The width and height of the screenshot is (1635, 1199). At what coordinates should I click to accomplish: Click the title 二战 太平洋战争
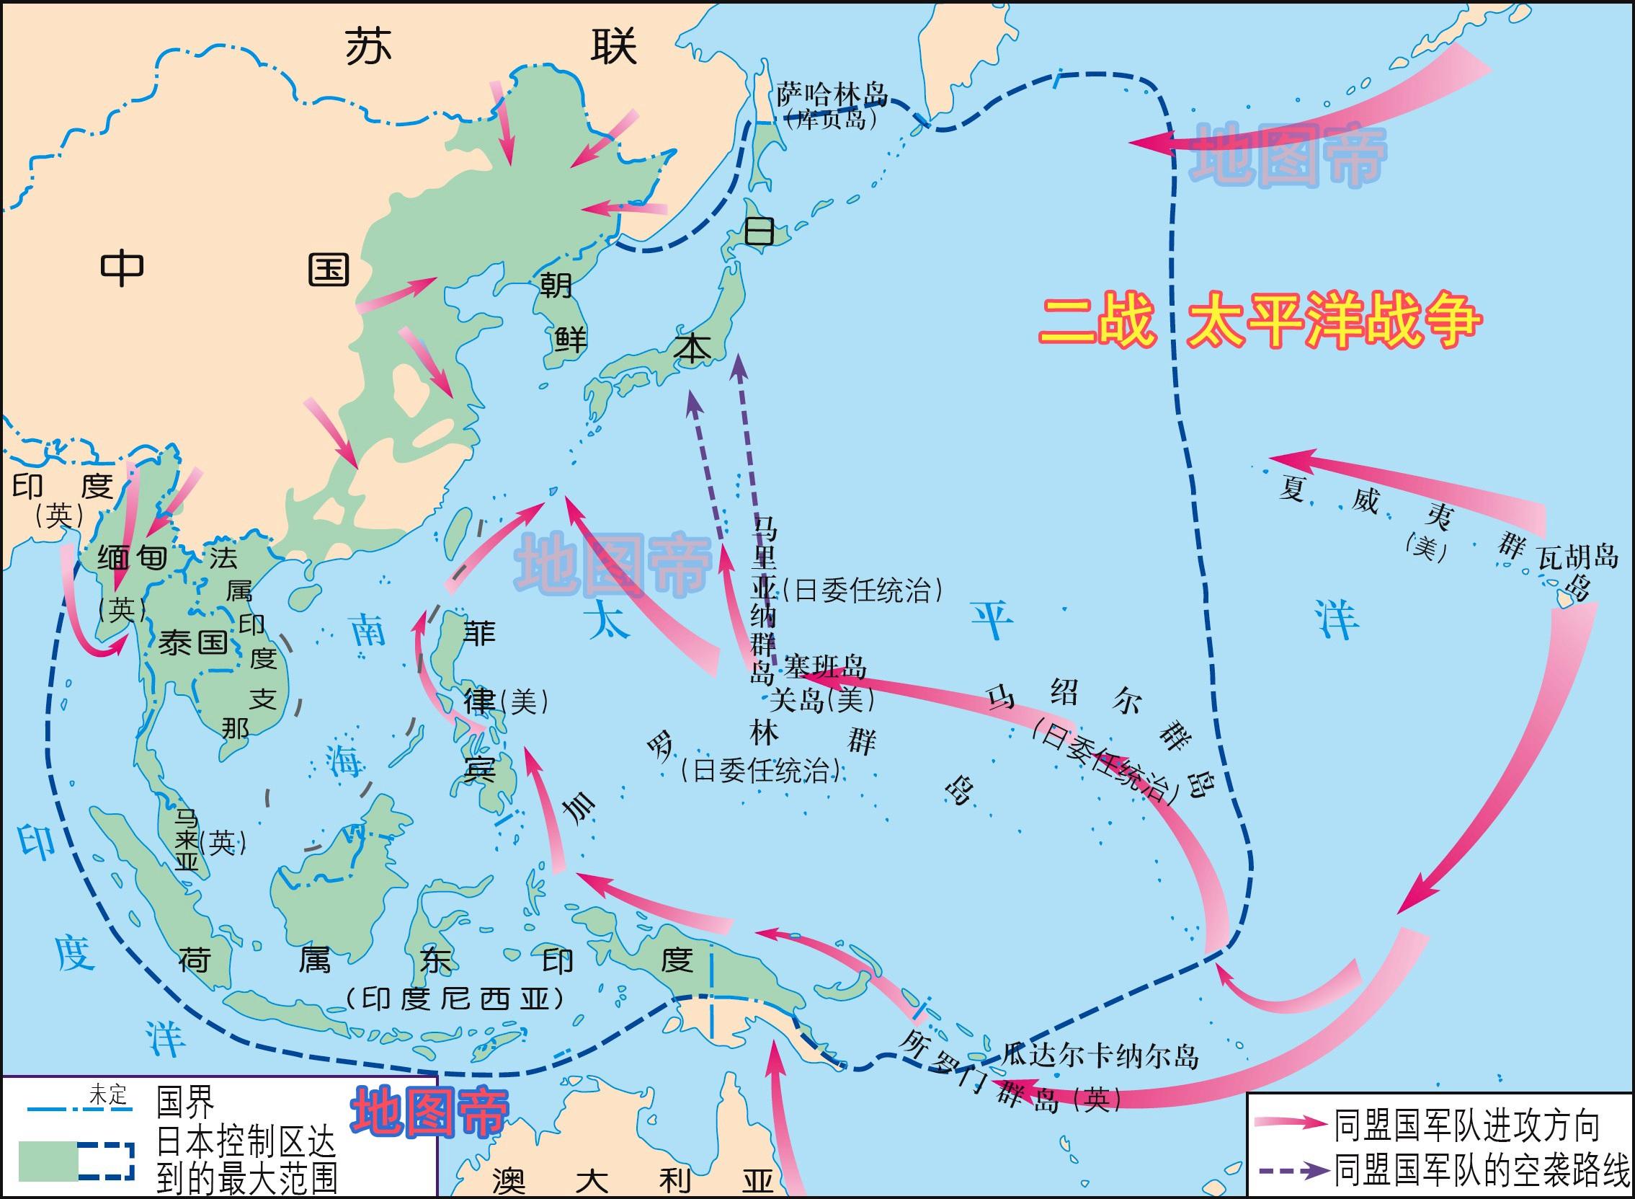pyautogui.click(x=1259, y=322)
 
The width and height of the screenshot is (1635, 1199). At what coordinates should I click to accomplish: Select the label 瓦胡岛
pyautogui.click(x=1577, y=557)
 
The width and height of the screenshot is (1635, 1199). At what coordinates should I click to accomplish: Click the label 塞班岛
pyautogui.click(x=825, y=666)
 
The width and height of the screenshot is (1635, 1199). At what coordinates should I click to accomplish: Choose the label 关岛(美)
pyautogui.click(x=821, y=700)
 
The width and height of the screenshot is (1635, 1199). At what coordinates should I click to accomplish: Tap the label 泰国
pyautogui.click(x=193, y=642)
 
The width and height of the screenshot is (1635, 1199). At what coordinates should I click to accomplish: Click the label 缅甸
pyautogui.click(x=133, y=557)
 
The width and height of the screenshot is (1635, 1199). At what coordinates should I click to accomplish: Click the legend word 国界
pyautogui.click(x=186, y=1103)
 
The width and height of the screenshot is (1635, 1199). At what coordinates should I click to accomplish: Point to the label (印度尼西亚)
pyautogui.click(x=455, y=1000)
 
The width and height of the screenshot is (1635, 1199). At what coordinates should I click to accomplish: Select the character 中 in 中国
pyautogui.click(x=122, y=268)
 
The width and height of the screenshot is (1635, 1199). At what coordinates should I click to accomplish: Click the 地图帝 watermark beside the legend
pyautogui.click(x=429, y=1111)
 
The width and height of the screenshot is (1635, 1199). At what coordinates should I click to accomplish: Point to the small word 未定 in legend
pyautogui.click(x=107, y=1094)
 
